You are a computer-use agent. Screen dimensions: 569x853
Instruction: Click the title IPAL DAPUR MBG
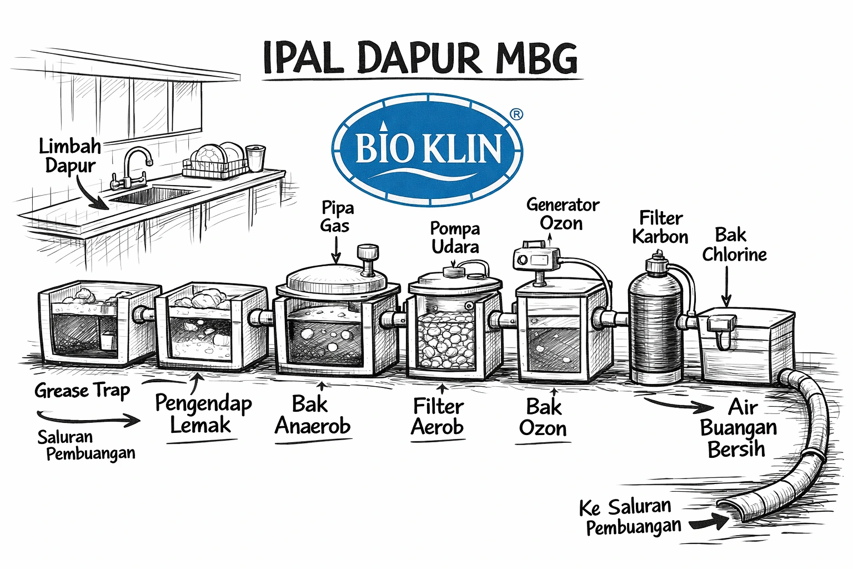(x=421, y=57)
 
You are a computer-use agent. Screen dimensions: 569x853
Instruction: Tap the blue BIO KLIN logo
(x=427, y=149)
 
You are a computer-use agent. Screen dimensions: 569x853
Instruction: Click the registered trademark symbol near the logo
(x=516, y=114)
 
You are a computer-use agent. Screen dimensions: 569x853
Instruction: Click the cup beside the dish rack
(x=255, y=158)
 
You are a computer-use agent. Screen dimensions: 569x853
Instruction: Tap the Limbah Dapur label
(x=69, y=156)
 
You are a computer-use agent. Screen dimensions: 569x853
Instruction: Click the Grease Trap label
(x=82, y=391)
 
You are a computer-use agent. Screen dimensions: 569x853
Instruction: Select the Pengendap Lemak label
(x=203, y=414)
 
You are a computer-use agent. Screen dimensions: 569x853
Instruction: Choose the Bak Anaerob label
(x=313, y=415)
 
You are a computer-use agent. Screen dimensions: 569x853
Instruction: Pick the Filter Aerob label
(x=438, y=417)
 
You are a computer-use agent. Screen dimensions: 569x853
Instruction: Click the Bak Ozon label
(x=543, y=418)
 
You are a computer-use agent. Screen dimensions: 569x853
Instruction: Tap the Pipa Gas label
(x=337, y=217)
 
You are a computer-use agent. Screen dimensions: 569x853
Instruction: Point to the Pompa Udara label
(x=455, y=237)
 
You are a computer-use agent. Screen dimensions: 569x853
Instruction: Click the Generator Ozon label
(x=563, y=214)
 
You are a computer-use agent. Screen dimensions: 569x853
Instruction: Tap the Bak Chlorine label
(x=734, y=244)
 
